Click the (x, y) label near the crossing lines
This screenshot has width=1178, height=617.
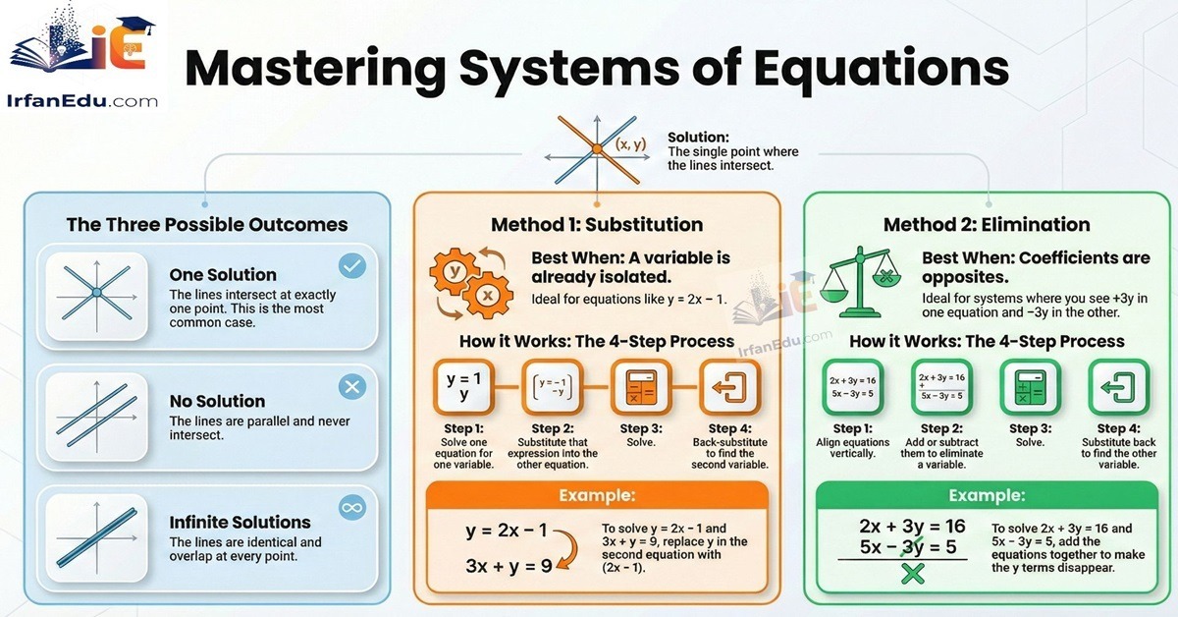point(630,144)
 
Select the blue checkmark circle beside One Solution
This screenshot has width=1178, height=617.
point(351,265)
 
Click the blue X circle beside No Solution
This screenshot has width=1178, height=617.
point(351,387)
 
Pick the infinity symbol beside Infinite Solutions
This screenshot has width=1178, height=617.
point(351,508)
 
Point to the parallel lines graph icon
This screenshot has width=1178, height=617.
point(96,413)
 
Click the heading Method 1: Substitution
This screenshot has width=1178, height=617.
point(597,225)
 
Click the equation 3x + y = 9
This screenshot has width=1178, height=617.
point(509,567)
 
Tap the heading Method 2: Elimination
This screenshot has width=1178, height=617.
point(987,225)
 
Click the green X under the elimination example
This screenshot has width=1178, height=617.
point(913,574)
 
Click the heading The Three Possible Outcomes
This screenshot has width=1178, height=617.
point(207,225)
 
